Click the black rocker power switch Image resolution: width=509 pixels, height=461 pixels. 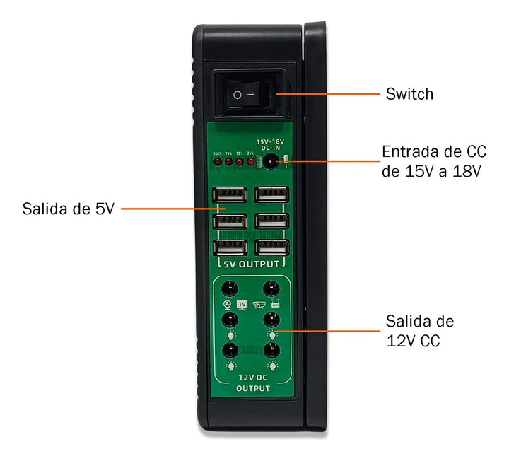click(248, 93)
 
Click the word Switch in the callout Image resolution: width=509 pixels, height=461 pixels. click(409, 94)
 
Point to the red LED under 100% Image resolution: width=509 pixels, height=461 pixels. click(218, 162)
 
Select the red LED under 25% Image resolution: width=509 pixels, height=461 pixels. click(250, 162)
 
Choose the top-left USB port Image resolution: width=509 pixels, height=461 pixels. click(229, 194)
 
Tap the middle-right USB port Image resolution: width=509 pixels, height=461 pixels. click(272, 221)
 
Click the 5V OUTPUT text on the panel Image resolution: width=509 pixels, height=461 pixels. click(251, 264)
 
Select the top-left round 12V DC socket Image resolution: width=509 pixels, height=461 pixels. click(230, 288)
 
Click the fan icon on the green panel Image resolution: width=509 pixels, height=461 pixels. click(227, 305)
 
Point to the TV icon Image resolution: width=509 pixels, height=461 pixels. click(242, 305)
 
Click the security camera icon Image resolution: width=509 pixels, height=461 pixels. click(259, 305)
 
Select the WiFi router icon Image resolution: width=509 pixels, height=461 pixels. click(275, 305)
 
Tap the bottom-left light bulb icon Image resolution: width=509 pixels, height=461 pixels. click(230, 367)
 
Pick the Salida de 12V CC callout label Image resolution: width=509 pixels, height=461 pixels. click(420, 331)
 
